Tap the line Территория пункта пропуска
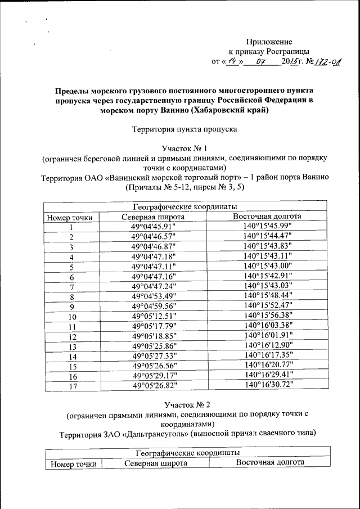coord(184,129)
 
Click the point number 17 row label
coord(72,386)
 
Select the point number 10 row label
coord(72,317)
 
